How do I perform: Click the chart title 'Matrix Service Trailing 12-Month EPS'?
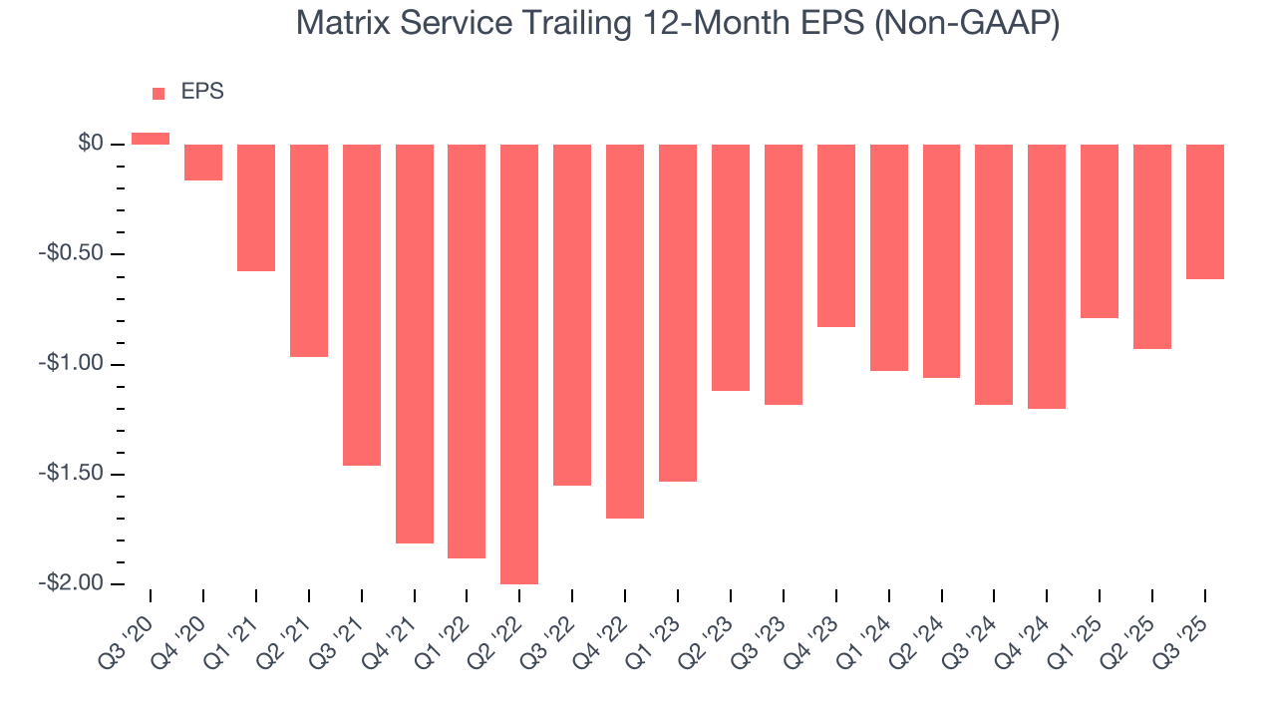coord(678,23)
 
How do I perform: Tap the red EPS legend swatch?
coord(158,93)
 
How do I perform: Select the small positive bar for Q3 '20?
coord(151,139)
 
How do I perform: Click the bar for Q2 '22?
coord(519,364)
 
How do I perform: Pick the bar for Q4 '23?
coord(835,235)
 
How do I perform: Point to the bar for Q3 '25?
coord(1204,211)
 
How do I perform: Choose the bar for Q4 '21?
coord(414,344)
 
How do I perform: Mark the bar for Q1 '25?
coord(1100,231)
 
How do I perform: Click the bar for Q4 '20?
coord(203,163)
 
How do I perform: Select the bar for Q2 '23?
coord(730,267)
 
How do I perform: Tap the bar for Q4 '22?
coord(625,331)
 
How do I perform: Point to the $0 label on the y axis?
coord(91,145)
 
